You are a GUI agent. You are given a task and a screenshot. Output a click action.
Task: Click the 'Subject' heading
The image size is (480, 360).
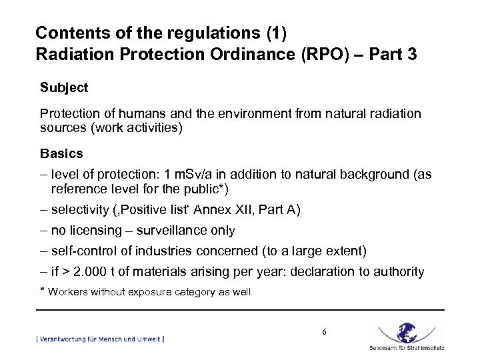point(64,87)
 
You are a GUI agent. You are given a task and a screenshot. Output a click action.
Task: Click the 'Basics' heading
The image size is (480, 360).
point(61,153)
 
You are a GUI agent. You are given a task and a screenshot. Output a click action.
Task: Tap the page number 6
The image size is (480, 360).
point(323,332)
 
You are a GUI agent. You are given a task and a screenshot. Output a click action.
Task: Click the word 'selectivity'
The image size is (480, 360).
point(79,210)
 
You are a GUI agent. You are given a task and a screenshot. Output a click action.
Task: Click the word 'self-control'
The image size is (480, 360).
point(83,251)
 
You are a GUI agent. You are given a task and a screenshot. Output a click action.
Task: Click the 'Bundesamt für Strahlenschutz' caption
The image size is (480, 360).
point(407,348)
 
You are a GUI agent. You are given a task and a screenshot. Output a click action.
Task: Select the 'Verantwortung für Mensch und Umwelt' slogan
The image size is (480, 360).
point(100,339)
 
